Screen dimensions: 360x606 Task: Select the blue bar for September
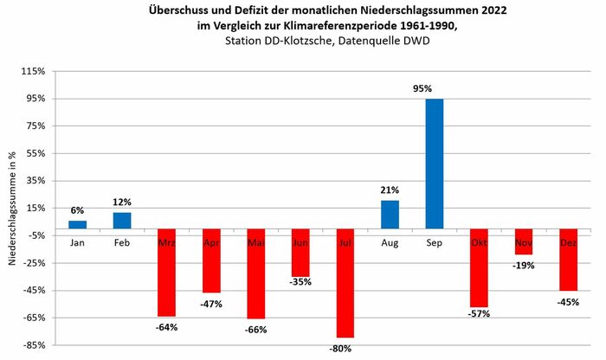[x=435, y=166]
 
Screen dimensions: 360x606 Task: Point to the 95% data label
[x=435, y=88]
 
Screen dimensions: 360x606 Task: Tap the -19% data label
[x=524, y=265]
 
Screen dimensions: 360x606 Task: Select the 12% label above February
[x=122, y=202]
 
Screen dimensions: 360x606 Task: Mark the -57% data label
[x=479, y=313]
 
